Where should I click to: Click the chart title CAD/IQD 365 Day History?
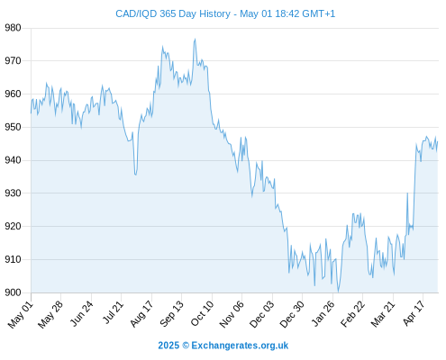coord(173,14)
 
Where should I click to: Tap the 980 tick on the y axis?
coord(13,28)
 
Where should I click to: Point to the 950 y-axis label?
coord(13,127)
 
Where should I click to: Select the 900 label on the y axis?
coord(13,292)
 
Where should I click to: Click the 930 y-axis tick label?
coord(13,193)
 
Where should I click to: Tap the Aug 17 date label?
coord(141,313)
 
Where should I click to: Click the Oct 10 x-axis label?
coord(203,313)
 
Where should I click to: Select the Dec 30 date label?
coord(292,314)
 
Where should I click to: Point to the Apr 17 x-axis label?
coord(414,313)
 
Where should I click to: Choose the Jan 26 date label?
coord(323,313)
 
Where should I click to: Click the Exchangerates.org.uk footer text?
coord(240,346)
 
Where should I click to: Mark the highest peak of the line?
coord(195,39)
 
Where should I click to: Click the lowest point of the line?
coord(338,292)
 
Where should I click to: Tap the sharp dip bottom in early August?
coord(136,175)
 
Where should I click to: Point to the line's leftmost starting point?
coord(31,113)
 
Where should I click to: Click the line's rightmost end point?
coord(438,141)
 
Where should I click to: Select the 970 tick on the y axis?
coord(13,61)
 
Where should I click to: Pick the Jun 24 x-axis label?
coord(81,313)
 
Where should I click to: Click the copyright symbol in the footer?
coord(186,346)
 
